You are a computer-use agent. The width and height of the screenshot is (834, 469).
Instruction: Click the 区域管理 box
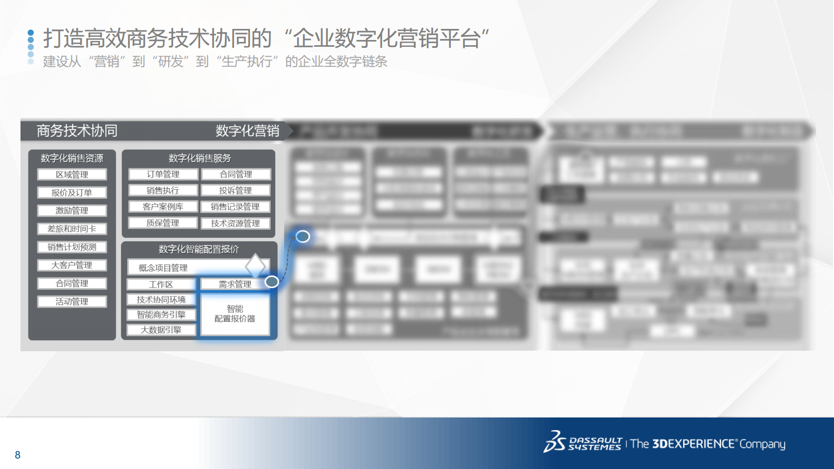72,175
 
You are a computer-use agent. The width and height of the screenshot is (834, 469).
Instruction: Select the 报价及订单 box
72,192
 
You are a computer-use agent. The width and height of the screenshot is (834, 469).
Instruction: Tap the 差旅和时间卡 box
72,229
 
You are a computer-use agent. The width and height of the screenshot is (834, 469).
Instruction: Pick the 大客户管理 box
72,265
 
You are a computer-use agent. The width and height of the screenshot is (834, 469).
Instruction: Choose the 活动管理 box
72,301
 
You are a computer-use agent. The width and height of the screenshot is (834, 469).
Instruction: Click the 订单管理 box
163,174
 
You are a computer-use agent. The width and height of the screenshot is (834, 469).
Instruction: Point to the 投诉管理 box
235,190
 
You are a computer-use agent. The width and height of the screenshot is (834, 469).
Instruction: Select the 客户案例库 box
163,207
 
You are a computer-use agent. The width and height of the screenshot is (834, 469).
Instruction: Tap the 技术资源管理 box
235,223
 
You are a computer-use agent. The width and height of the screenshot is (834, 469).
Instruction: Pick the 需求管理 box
235,284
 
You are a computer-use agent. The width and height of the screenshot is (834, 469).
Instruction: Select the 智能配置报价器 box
235,314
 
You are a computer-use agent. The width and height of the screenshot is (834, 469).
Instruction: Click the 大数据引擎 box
161,330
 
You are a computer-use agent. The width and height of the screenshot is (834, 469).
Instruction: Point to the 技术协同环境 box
161,300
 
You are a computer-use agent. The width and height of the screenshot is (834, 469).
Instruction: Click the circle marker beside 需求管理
272,281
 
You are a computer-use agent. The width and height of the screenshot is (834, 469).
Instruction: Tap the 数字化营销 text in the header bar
247,130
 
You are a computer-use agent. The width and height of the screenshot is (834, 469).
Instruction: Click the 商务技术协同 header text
77,130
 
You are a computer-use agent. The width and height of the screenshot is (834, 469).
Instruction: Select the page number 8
18,455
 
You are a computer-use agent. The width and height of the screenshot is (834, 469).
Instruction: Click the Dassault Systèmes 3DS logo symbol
554,442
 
